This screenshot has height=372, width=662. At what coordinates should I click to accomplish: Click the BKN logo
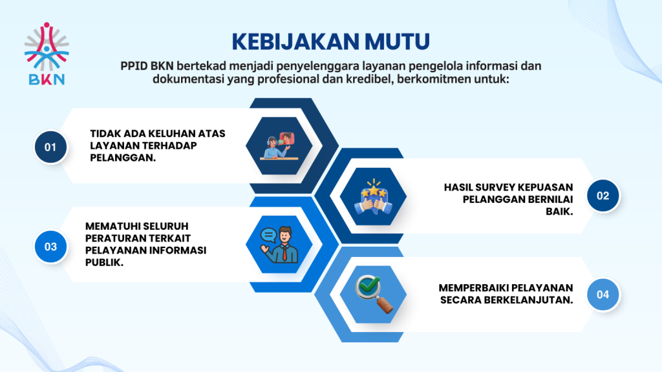tap(47, 54)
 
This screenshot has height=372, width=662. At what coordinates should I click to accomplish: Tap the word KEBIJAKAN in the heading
tap(295, 41)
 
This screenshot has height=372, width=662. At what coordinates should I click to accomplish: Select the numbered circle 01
tap(50, 147)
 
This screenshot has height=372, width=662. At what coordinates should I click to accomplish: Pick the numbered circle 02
tap(603, 196)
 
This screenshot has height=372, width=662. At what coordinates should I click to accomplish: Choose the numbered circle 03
tap(50, 246)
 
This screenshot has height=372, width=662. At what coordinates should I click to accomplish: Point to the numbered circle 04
tap(603, 294)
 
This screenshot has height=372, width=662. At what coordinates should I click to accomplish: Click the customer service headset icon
tap(279, 146)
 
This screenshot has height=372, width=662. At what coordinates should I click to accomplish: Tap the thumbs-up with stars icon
tap(373, 196)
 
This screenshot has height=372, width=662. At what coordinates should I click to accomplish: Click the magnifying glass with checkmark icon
tap(374, 294)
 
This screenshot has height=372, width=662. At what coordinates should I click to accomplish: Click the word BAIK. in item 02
tap(559, 211)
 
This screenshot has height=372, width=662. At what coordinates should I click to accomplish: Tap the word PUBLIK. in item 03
tap(104, 262)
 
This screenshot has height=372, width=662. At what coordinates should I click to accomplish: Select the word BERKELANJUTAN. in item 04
tap(528, 300)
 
